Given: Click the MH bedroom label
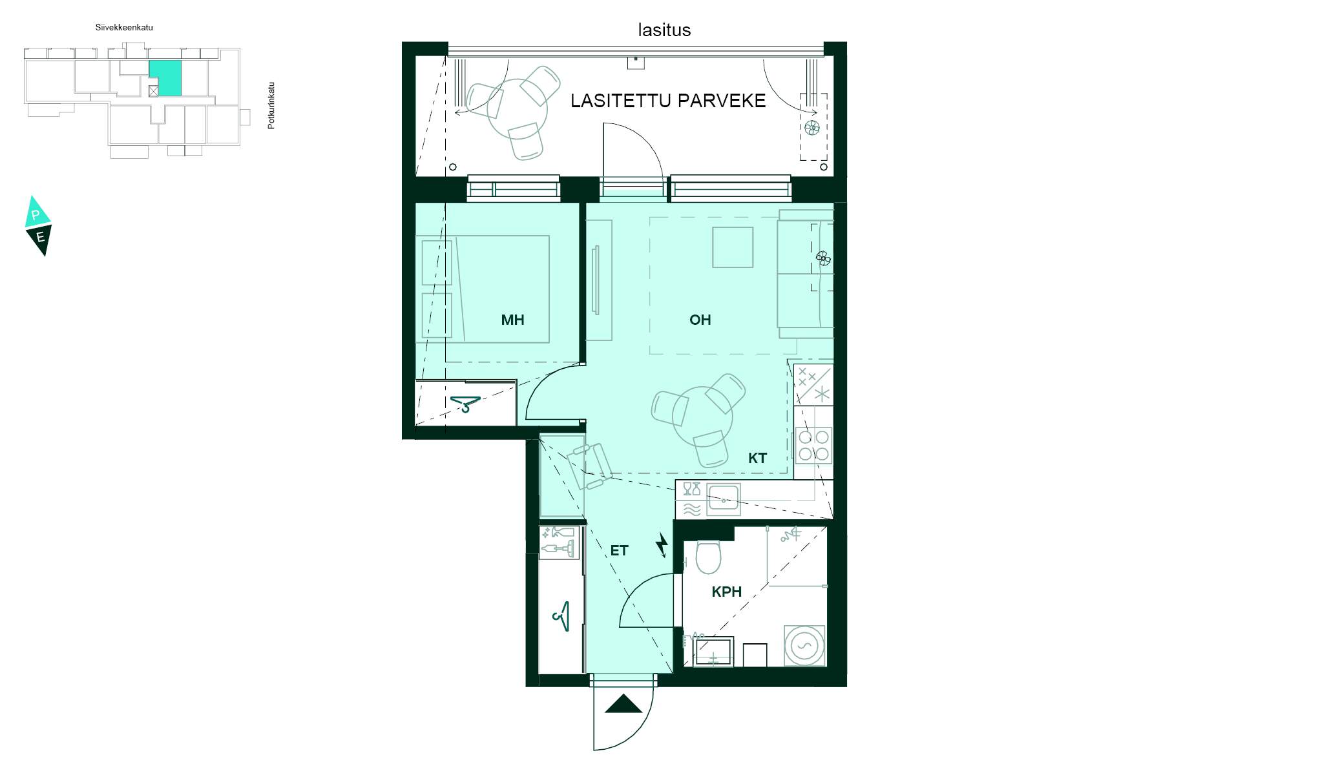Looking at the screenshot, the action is coord(512,320).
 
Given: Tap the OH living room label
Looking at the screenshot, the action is coord(700,320).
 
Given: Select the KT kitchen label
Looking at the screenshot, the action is coord(757,458).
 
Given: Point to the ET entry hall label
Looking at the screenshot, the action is coord(619,550).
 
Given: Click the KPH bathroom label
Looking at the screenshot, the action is coord(726,592).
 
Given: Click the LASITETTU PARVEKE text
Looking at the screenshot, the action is coord(668,101).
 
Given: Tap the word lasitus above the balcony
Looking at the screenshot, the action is coord(664,30).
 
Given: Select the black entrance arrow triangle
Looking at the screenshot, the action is coord(623,703).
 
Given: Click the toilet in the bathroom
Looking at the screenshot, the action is coord(709,557).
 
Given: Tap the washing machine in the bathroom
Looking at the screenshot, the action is coord(804,645).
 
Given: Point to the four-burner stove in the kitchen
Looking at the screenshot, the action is coord(813,446).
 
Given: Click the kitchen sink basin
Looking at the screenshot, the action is coord(724,499).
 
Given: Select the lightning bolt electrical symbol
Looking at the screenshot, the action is coord(662,544).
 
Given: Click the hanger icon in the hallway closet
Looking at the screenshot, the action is coord(561,616).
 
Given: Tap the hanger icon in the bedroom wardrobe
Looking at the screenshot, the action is coord(466,404).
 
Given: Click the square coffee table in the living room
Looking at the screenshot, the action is coord(733,247).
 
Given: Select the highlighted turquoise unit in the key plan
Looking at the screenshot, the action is coord(165,79).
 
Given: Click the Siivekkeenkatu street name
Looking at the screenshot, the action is coord(124,28).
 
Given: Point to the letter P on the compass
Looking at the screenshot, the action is coord(36,215).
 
